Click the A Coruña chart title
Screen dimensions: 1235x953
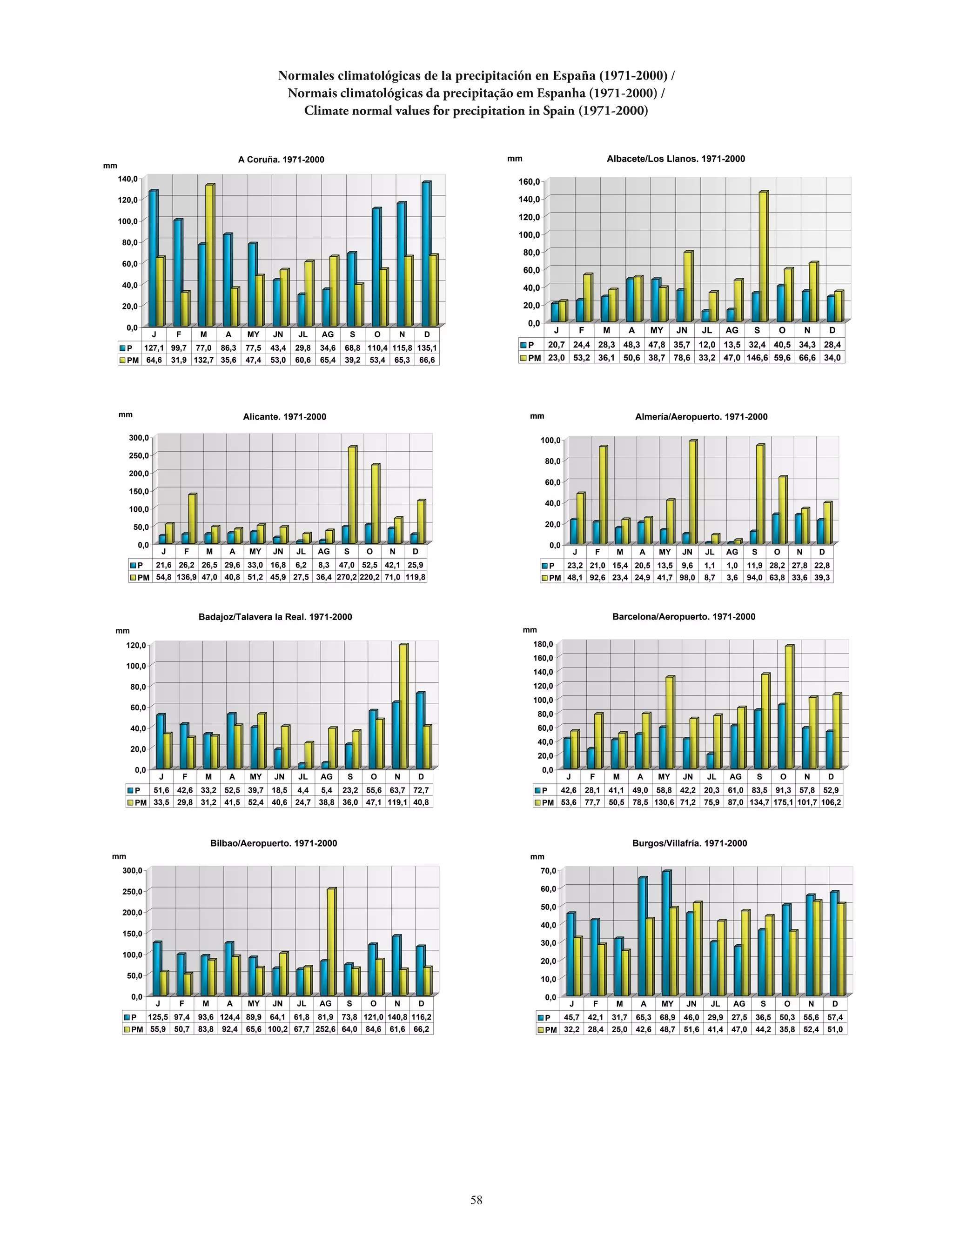[x=281, y=160]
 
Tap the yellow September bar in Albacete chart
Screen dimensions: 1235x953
[x=762, y=257]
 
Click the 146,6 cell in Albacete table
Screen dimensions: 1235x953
[x=757, y=357]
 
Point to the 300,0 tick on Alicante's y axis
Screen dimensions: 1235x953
[x=139, y=437]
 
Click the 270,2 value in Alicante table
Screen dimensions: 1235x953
[x=347, y=577]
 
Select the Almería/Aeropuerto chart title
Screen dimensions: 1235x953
[x=701, y=417]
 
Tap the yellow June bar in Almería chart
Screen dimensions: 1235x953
[x=691, y=492]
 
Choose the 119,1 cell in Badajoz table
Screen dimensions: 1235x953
[x=397, y=802]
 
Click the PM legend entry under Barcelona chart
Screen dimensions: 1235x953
[x=544, y=802]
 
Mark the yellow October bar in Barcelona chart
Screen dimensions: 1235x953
[x=788, y=707]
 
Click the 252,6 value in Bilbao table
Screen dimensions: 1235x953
[x=326, y=1029]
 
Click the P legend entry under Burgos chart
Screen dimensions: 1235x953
[x=544, y=1017]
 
